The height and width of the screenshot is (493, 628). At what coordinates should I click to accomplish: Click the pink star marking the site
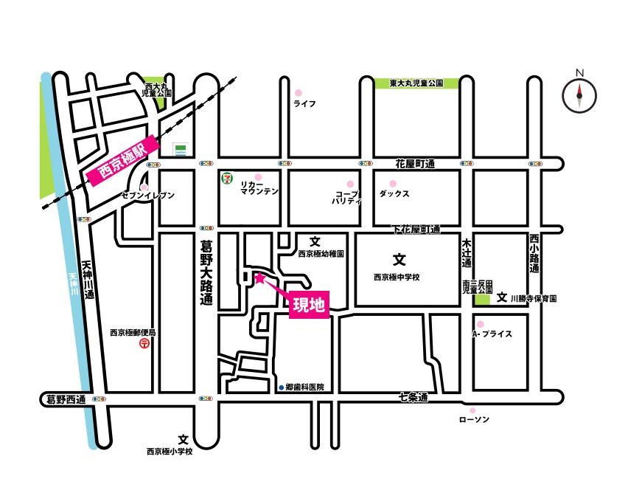(x=259, y=278)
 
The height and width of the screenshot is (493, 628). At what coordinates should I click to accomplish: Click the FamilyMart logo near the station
(x=179, y=149)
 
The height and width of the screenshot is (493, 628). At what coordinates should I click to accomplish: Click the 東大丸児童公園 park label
(x=416, y=83)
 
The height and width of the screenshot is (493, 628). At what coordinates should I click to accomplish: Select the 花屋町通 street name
(x=415, y=163)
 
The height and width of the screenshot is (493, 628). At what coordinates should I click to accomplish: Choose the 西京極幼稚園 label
(x=321, y=253)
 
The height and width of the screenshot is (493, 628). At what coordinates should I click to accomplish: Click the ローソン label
(x=474, y=419)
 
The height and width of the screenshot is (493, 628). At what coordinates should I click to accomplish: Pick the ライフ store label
(x=304, y=104)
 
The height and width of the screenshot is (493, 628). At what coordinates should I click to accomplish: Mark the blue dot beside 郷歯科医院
(x=281, y=387)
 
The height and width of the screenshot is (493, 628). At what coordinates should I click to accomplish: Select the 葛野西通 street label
(x=62, y=399)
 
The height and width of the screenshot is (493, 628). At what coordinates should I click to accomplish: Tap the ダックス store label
(x=394, y=193)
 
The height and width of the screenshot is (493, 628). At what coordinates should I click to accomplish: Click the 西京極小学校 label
(x=170, y=452)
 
